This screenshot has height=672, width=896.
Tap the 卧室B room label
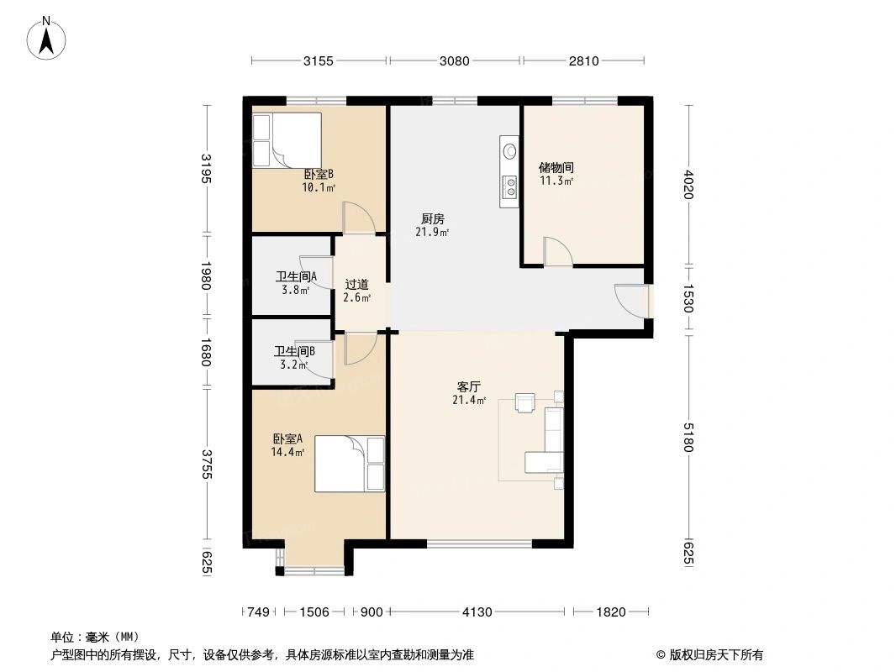(319, 175)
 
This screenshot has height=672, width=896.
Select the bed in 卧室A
(350, 464)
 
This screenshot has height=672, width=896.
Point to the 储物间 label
(556, 167)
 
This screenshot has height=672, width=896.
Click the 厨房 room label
(432, 219)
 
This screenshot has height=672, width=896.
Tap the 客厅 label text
(468, 387)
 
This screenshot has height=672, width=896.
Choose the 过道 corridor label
(356, 285)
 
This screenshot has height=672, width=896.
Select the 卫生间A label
(296, 276)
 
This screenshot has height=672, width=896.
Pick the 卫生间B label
(294, 352)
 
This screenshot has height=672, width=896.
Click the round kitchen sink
(509, 152)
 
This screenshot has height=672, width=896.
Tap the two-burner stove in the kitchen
(509, 186)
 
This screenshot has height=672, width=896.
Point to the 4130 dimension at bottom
(477, 612)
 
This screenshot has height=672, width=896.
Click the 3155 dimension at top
(319, 60)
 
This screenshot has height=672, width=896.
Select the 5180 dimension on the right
(688, 437)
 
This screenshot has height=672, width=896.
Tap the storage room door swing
(557, 251)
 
